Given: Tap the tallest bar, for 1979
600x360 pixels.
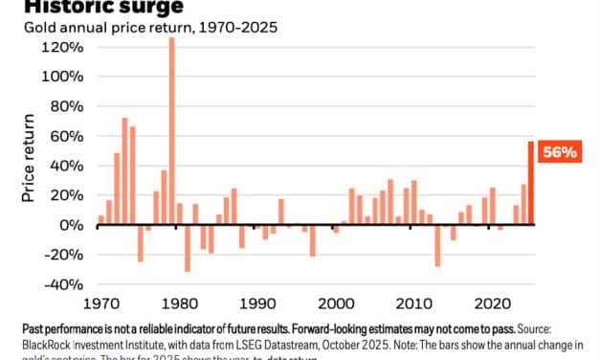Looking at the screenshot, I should [x=171, y=132].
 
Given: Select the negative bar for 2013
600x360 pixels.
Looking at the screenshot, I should [x=437, y=245].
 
